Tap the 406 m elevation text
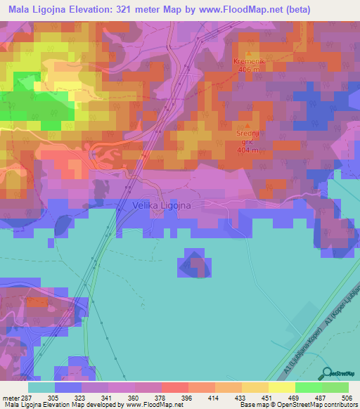[247, 70]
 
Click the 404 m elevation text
[247, 150]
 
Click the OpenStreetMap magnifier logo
[326, 372]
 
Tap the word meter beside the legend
[9, 396]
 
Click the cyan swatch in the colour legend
[41, 387]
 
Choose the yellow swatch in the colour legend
[281, 387]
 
